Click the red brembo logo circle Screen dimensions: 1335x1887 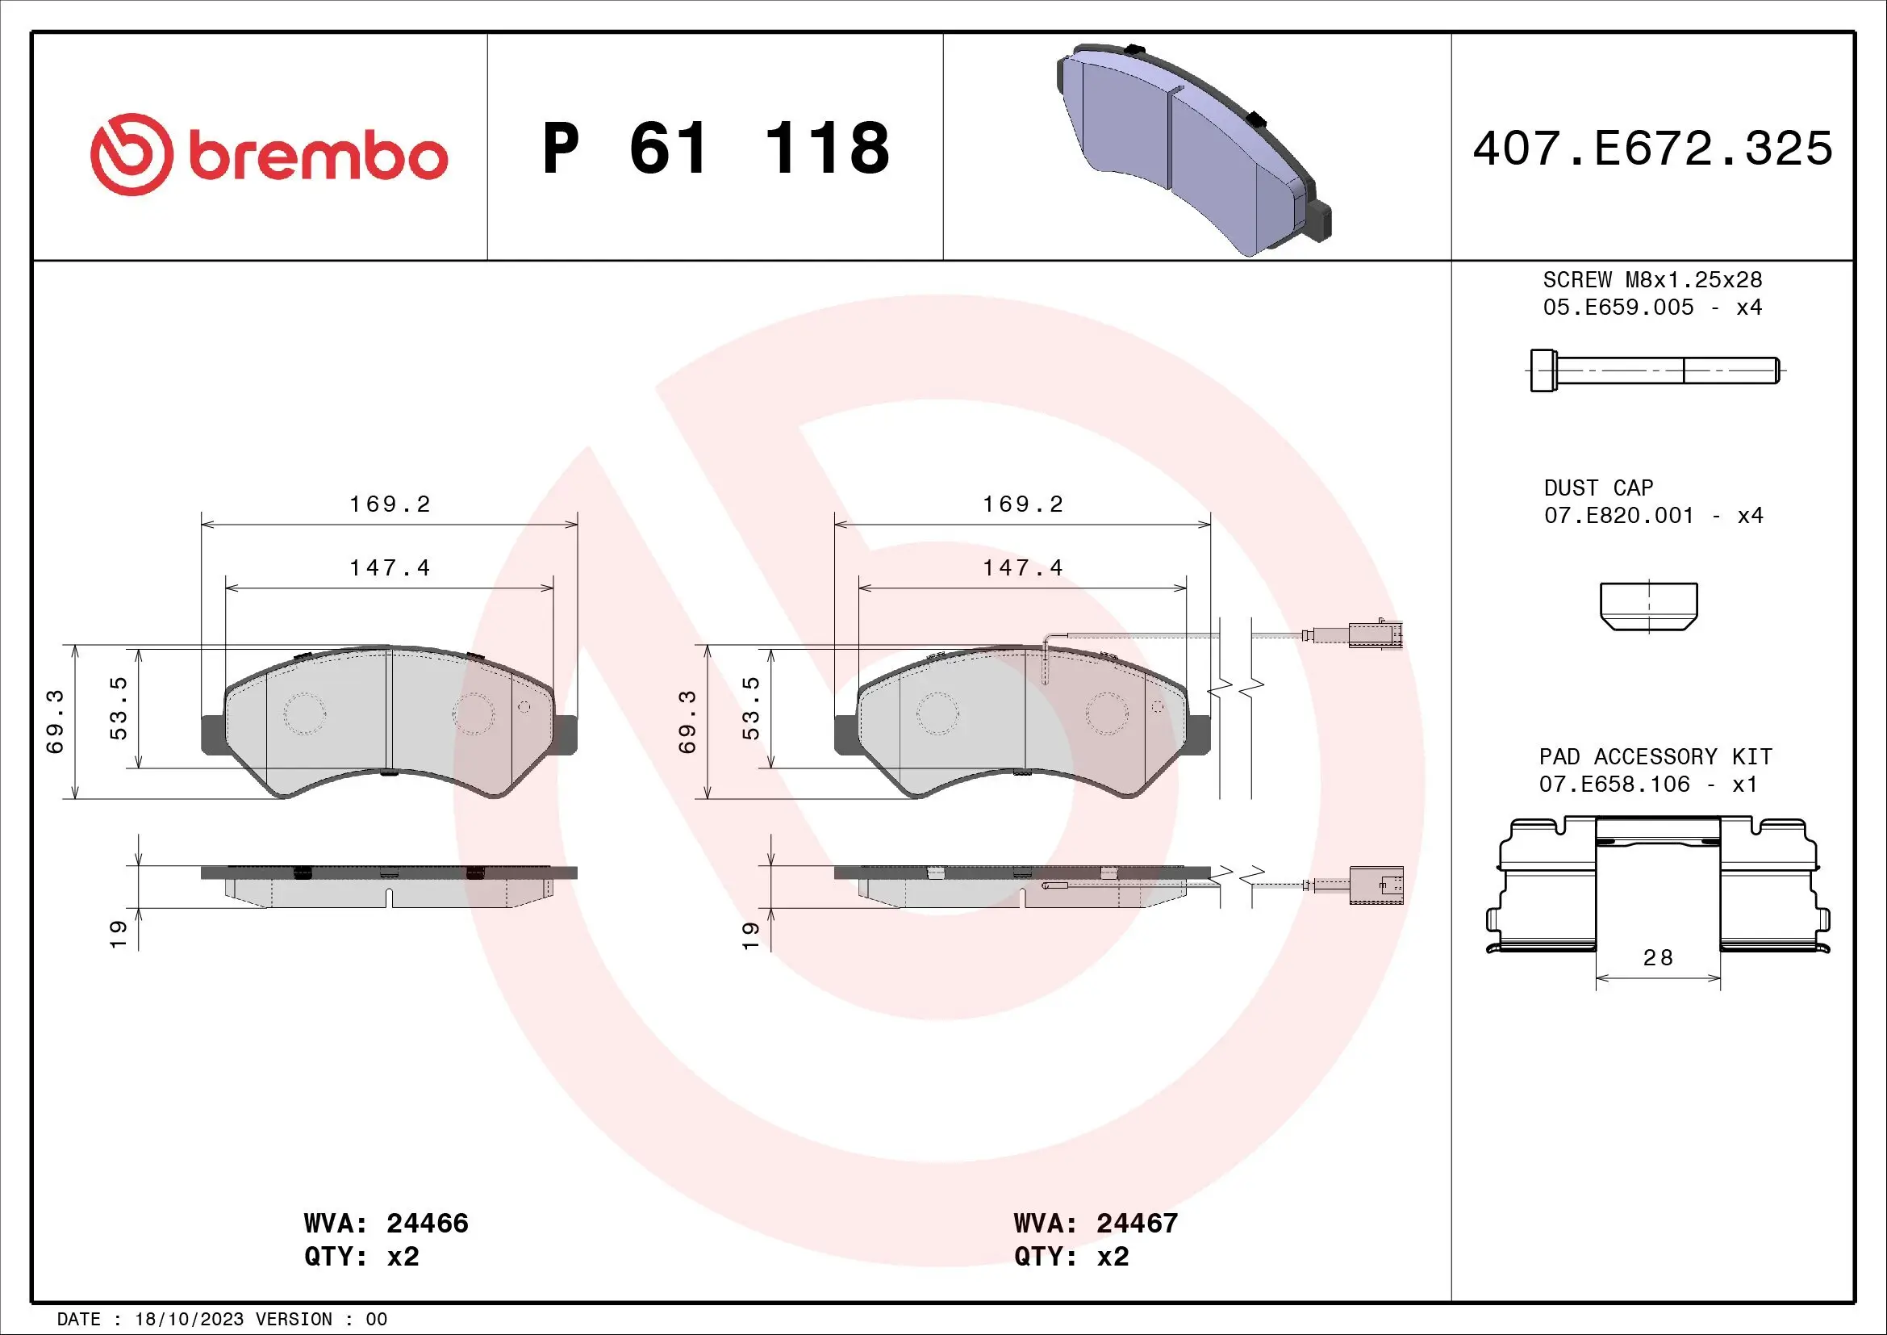click(132, 154)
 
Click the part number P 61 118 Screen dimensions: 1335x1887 click(715, 149)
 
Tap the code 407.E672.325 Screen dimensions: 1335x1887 click(1652, 149)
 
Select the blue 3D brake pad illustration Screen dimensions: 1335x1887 click(1192, 148)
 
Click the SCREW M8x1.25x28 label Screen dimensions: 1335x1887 click(1652, 279)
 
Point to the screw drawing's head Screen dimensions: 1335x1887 click(1543, 370)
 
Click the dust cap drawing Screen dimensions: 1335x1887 click(1649, 606)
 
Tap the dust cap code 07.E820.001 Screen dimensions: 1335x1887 click(1618, 516)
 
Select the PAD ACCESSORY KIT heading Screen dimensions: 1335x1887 click(1655, 756)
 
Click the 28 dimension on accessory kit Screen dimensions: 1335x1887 click(1658, 958)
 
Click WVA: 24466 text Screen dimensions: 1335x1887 click(386, 1223)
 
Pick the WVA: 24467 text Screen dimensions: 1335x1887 click(1096, 1223)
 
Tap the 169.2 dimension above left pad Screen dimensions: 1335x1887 click(390, 504)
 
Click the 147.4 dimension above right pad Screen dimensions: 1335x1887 click(1022, 568)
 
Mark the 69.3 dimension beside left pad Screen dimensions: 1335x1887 click(54, 721)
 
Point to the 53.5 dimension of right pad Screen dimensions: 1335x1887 click(750, 708)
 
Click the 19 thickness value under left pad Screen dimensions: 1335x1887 click(119, 934)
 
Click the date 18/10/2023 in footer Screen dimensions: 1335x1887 click(189, 1319)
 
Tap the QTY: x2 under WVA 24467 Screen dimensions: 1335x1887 click(1071, 1257)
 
